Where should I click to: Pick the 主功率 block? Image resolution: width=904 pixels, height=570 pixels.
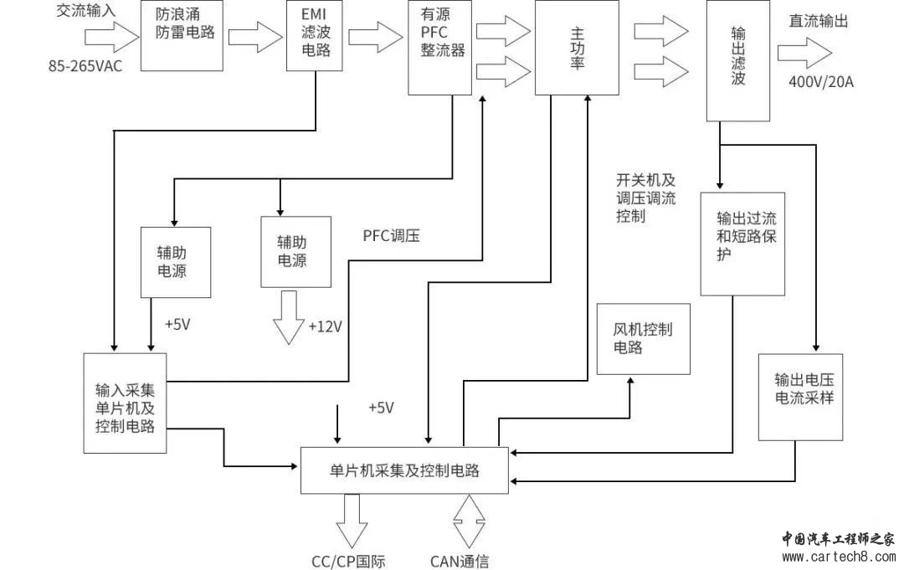click(x=577, y=49)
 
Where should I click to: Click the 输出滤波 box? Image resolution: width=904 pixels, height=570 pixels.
click(x=737, y=60)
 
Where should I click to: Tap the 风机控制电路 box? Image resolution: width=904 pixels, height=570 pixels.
click(x=643, y=338)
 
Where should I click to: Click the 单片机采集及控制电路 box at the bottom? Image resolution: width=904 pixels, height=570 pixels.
click(x=404, y=470)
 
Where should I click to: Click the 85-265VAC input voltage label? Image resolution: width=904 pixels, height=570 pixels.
click(x=85, y=65)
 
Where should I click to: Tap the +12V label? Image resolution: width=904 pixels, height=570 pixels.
click(x=326, y=326)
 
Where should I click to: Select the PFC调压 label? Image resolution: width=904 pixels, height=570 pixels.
click(x=391, y=236)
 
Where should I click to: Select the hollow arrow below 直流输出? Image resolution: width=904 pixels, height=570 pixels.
click(x=804, y=52)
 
